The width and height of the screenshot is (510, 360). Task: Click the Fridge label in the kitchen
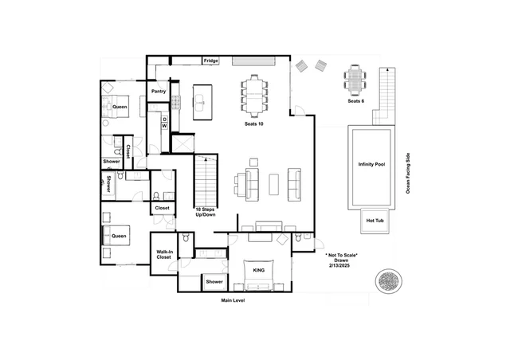coord(210,61)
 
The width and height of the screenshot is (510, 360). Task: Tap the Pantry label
coord(159,92)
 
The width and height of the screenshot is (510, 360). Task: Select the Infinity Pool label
coord(371,164)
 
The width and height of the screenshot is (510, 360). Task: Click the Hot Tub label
coord(375,221)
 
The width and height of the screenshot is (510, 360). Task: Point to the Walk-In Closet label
coord(164,254)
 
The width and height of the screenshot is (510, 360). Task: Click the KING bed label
coord(258,270)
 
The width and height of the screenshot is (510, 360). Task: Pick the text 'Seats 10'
coord(254,124)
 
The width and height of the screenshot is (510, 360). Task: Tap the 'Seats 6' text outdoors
coord(356,101)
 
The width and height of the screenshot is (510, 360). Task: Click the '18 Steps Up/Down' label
coord(206,212)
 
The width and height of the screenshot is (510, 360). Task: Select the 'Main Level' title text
coord(233,300)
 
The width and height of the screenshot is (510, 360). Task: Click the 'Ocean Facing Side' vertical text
coord(408,174)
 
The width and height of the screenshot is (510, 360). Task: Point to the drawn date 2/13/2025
coord(339,265)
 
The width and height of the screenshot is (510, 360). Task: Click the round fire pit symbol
coord(388,281)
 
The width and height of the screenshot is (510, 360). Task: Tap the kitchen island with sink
coord(202,102)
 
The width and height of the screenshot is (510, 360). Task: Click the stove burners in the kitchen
coord(176,102)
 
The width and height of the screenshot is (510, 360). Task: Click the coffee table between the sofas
coord(273,185)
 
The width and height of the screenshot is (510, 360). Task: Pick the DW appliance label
coord(165,123)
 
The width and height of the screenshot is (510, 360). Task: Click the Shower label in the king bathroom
coord(214,282)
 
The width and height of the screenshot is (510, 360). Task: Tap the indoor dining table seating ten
coord(254,95)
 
